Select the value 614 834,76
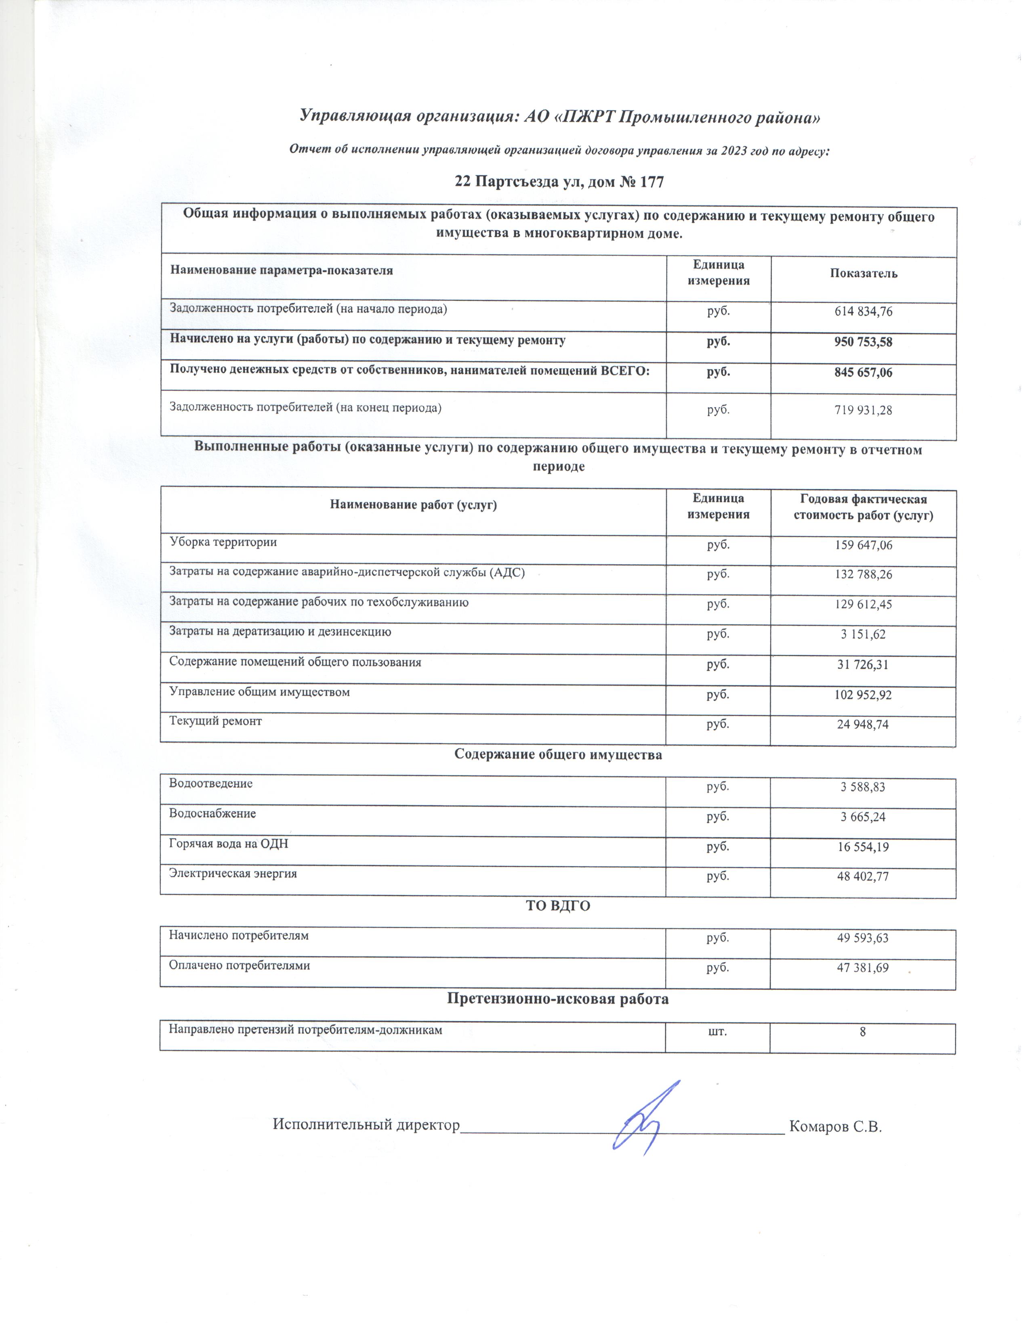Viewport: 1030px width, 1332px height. pyautogui.click(x=863, y=312)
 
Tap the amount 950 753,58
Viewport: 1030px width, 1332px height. pyautogui.click(x=863, y=342)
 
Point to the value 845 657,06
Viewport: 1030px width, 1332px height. pyautogui.click(x=863, y=373)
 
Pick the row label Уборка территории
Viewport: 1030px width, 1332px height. pyautogui.click(x=223, y=542)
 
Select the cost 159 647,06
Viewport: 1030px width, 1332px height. pyautogui.click(x=863, y=545)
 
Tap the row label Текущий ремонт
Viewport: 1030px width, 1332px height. pyautogui.click(x=215, y=721)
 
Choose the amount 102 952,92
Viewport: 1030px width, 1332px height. pyautogui.click(x=863, y=695)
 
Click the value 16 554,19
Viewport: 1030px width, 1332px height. pyautogui.click(x=863, y=846)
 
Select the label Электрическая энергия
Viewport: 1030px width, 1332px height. pyautogui.click(x=233, y=873)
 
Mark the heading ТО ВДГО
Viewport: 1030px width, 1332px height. pyautogui.click(x=558, y=906)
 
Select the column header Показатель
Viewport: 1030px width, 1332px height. pyautogui.click(x=863, y=273)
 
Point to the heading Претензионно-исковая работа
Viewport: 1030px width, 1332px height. pyautogui.click(x=558, y=998)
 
